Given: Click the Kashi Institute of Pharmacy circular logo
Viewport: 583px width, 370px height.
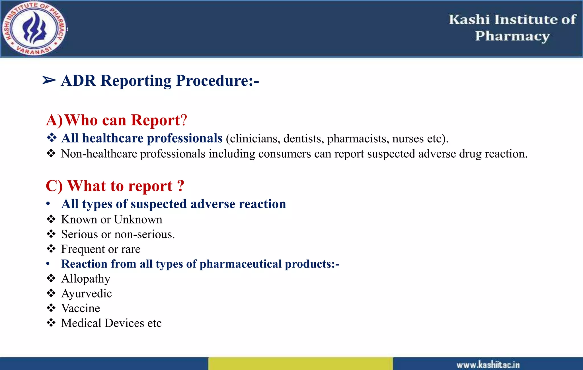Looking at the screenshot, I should [34, 28].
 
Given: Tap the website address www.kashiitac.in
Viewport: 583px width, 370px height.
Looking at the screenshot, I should [488, 365].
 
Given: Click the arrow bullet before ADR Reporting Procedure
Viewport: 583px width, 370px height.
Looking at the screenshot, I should [49, 81].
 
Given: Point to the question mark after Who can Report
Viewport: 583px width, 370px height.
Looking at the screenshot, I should [184, 120].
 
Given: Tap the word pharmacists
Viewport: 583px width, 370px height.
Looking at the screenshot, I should [358, 139].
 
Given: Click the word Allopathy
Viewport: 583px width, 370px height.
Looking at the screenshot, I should [86, 279].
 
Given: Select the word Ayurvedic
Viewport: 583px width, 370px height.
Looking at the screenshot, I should [87, 294].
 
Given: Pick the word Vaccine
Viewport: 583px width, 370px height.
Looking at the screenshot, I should [81, 308].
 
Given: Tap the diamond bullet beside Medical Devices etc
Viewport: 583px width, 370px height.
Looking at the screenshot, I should [51, 323].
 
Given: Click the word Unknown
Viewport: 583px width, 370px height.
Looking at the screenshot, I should [138, 219].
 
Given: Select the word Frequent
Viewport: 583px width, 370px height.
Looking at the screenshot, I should [83, 249].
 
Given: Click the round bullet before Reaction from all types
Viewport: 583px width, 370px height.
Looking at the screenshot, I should [48, 264].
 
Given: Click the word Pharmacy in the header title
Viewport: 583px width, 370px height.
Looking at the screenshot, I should [512, 36].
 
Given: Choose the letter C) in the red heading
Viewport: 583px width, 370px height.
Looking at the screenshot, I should [54, 186].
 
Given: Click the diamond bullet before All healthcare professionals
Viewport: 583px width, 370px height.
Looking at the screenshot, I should [52, 138].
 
